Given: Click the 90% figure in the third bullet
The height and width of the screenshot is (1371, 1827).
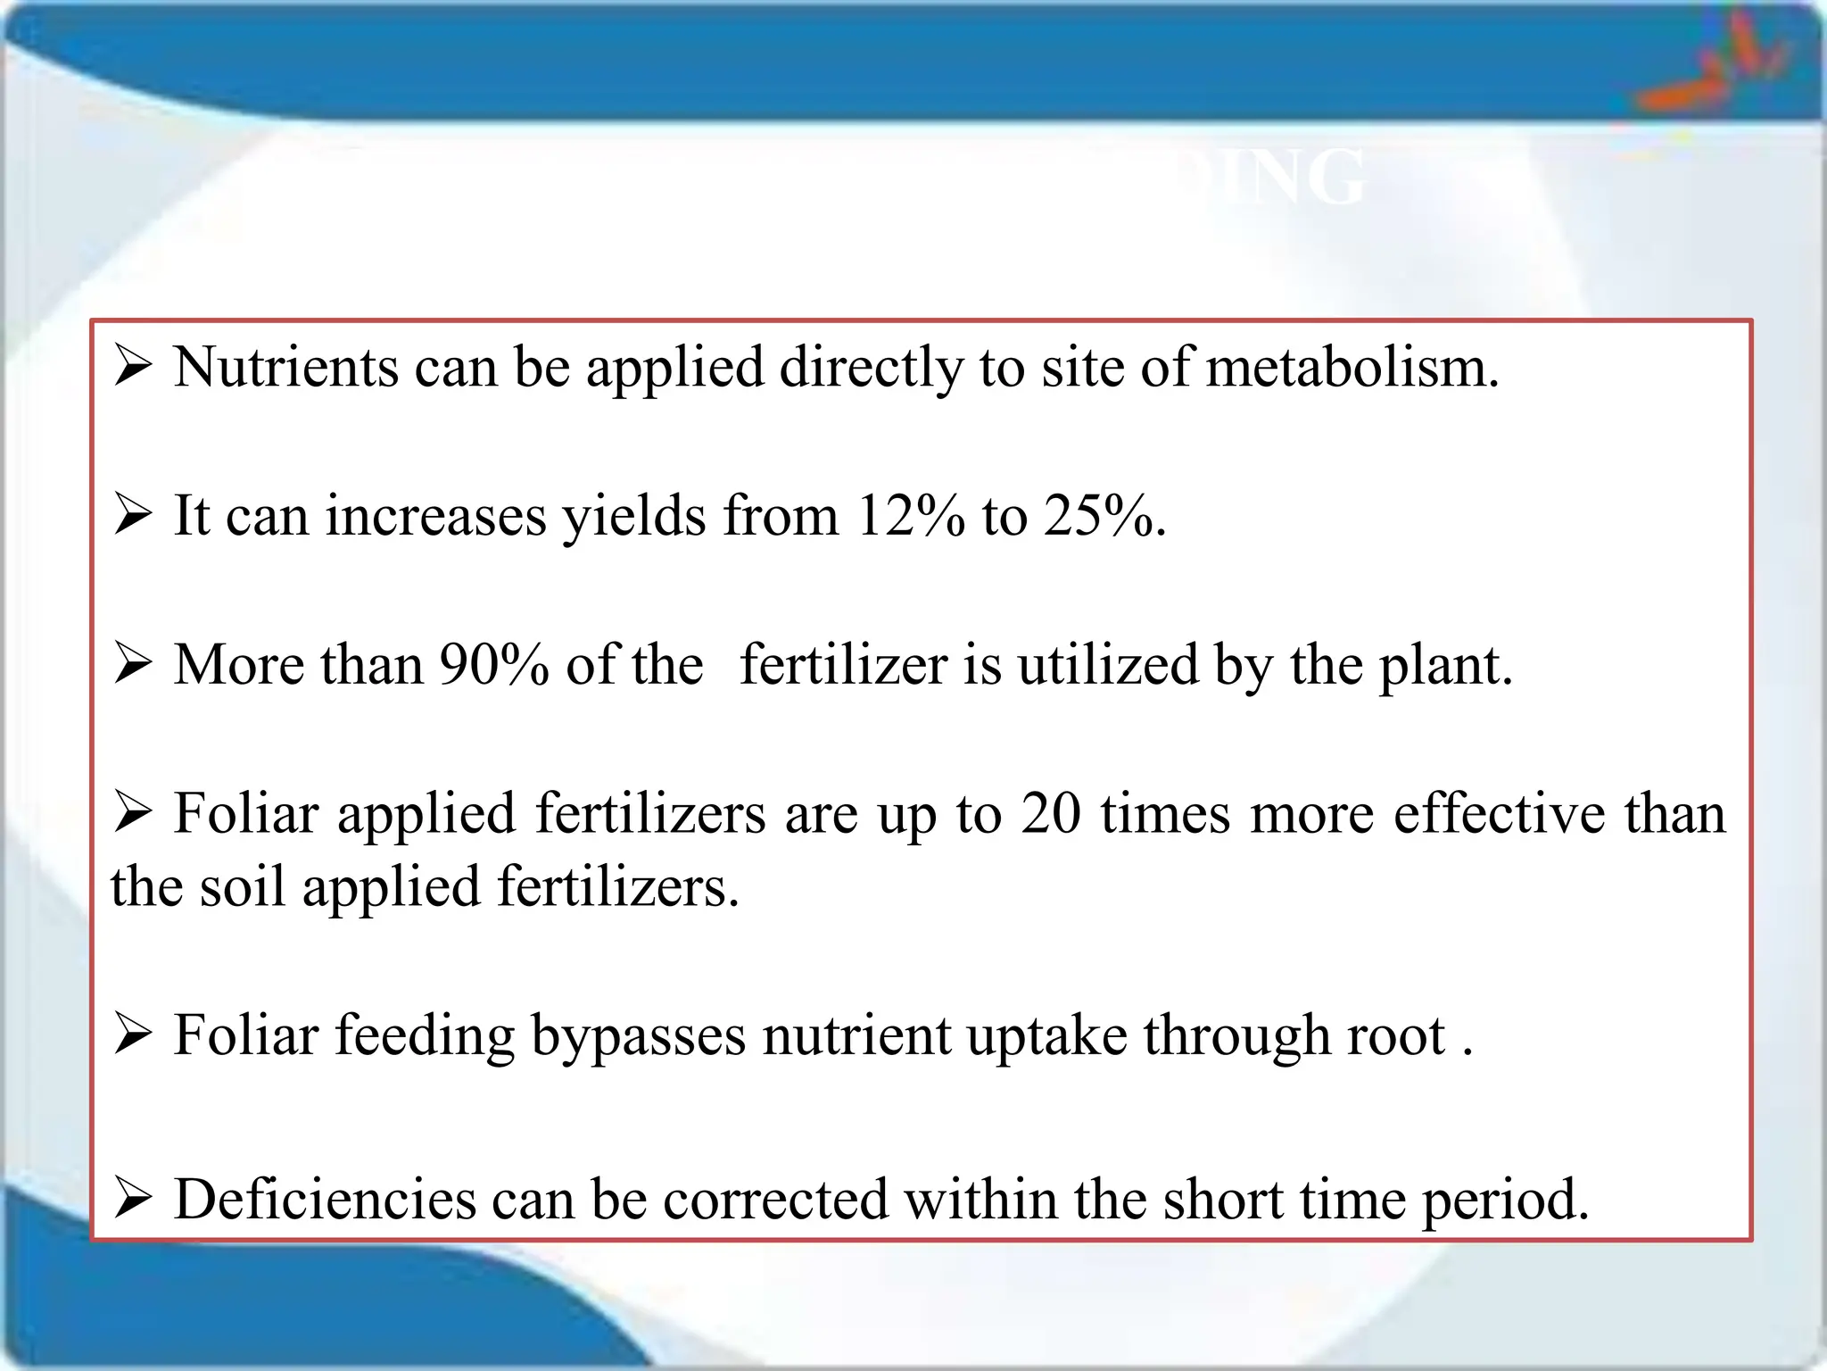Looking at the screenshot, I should [x=493, y=665].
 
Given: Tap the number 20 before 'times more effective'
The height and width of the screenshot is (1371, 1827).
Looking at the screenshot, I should [x=1051, y=814].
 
